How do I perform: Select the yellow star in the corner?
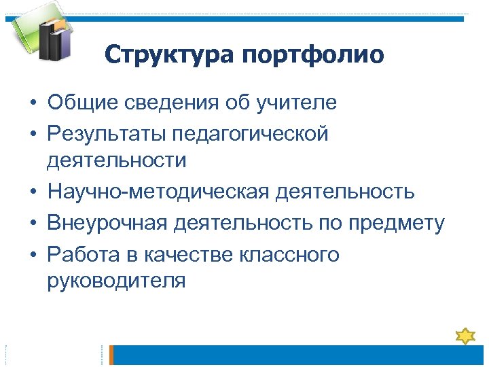[x=465, y=335]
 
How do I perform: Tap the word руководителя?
[x=116, y=280]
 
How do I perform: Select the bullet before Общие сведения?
[x=33, y=104]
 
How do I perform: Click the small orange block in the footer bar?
[x=113, y=355]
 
